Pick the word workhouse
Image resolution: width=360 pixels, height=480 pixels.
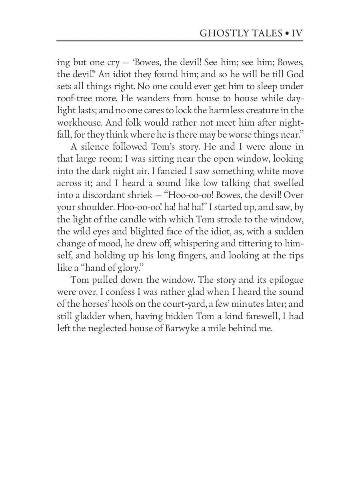click(78, 123)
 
